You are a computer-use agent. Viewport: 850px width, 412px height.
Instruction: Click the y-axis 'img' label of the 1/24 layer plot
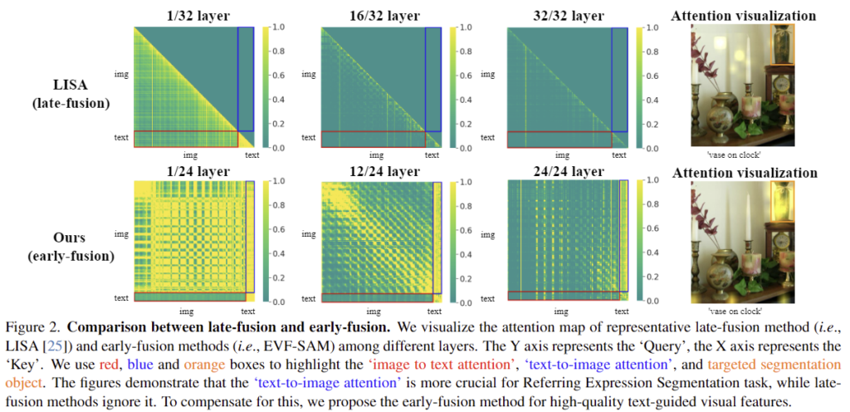tap(122, 234)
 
